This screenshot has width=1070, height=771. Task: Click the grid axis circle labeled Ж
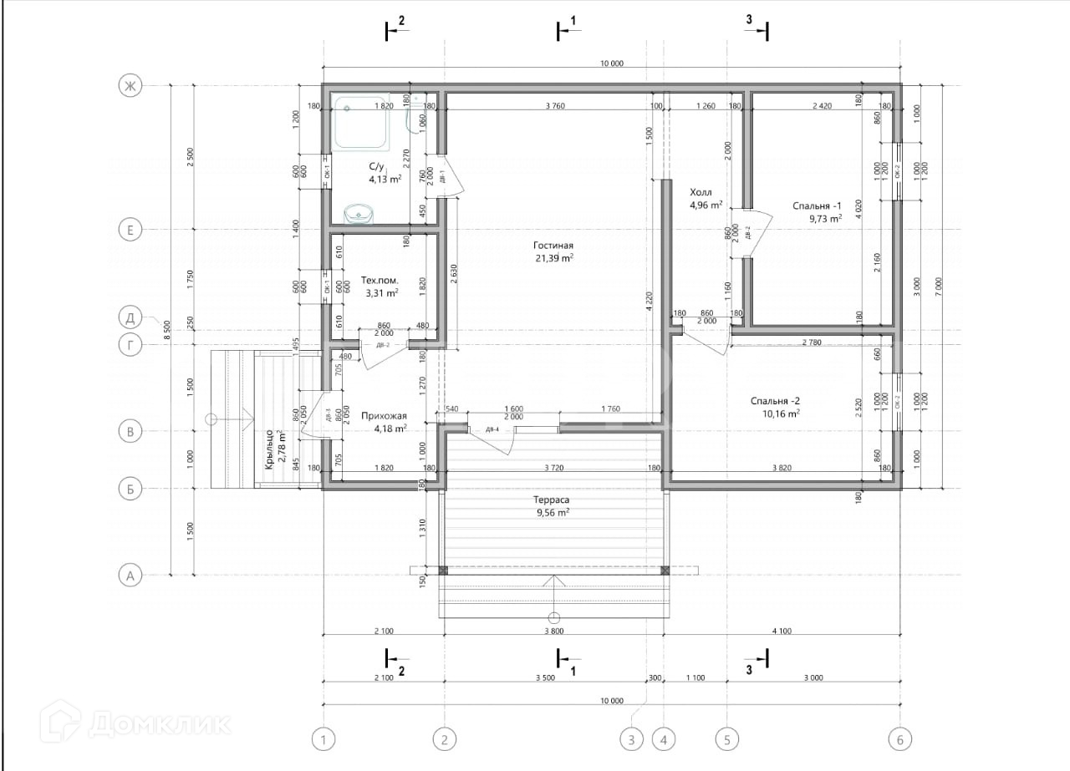pos(130,86)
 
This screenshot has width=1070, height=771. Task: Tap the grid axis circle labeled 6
pos(899,739)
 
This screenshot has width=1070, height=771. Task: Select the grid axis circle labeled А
pos(130,575)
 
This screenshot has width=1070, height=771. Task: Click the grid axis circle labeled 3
pos(632,739)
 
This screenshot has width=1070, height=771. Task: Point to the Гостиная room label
pos(553,246)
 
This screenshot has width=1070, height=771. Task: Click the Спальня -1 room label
pos(817,205)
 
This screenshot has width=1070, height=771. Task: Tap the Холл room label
pos(701,191)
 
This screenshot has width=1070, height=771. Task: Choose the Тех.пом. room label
pos(380,281)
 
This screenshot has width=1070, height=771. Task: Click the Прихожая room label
pos(384,415)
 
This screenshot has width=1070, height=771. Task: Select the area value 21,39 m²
pos(553,259)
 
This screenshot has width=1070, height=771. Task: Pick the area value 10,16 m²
pos(781,413)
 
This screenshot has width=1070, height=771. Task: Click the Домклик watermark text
pos(159,723)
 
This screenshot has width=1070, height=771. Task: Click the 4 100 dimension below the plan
pos(781,632)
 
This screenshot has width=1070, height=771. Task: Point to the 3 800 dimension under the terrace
pos(552,632)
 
